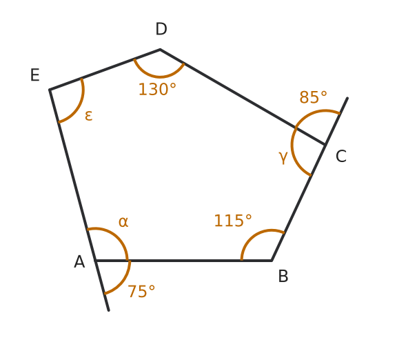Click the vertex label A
(x=79, y=261)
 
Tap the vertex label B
(x=283, y=276)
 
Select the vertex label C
(x=341, y=156)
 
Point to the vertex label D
(x=161, y=29)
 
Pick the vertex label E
(x=35, y=75)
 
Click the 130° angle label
(x=157, y=90)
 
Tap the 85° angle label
(x=313, y=97)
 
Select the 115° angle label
(x=233, y=221)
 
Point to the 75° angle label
(x=141, y=291)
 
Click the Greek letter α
(x=123, y=222)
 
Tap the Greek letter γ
(x=283, y=157)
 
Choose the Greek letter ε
(x=88, y=116)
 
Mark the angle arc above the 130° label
(x=159, y=77)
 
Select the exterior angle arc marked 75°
(x=125, y=282)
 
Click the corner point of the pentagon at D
(x=160, y=49)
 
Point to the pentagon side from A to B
(x=183, y=261)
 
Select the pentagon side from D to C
(x=243, y=97)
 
